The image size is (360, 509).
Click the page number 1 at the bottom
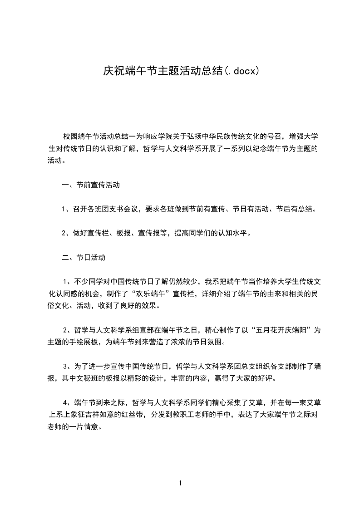tap(180, 483)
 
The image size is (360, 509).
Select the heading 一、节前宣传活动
tap(90, 185)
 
